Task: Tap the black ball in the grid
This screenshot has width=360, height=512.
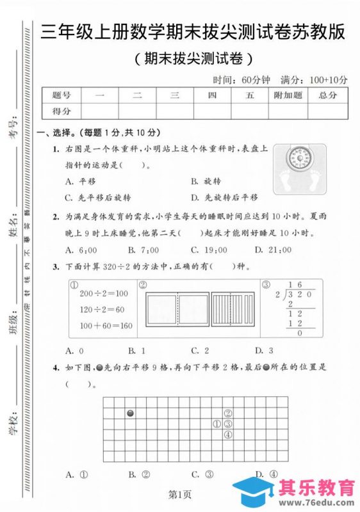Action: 131,413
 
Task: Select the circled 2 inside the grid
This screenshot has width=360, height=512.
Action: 227,413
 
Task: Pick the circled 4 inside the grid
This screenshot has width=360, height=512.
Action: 227,435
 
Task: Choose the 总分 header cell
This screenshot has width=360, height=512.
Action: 327,95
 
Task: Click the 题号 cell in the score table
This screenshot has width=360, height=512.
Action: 61,95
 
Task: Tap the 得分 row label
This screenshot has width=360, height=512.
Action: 61,111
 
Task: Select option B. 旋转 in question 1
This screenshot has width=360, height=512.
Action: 206,181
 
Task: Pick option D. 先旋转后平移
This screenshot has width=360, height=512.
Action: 224,197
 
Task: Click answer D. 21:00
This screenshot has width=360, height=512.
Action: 270,250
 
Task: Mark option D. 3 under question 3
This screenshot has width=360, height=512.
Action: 264,350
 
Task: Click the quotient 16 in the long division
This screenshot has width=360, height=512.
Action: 295,285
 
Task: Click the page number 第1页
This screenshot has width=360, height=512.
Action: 180,493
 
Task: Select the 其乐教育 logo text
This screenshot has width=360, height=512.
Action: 316,488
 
